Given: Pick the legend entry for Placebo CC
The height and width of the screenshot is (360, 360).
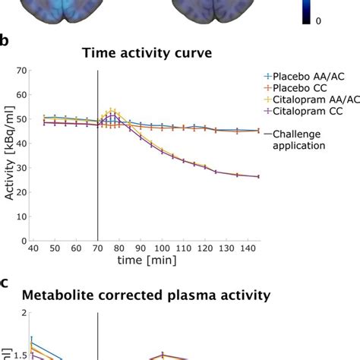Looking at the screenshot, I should pyautogui.click(x=296, y=90).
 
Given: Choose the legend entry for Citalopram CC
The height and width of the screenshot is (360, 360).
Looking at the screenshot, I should pyautogui.click(x=302, y=115).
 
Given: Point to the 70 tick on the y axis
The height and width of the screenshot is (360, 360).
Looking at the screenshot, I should pyautogui.click(x=22, y=71).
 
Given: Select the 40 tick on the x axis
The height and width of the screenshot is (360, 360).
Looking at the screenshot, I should pyautogui.click(x=35, y=248).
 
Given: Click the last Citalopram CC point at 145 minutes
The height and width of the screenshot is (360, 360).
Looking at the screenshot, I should pyautogui.click(x=258, y=177).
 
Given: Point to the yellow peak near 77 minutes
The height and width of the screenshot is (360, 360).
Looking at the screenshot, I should pyautogui.click(x=113, y=112).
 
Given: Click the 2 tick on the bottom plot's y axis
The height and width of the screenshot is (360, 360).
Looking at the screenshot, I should pyautogui.click(x=24, y=313).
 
